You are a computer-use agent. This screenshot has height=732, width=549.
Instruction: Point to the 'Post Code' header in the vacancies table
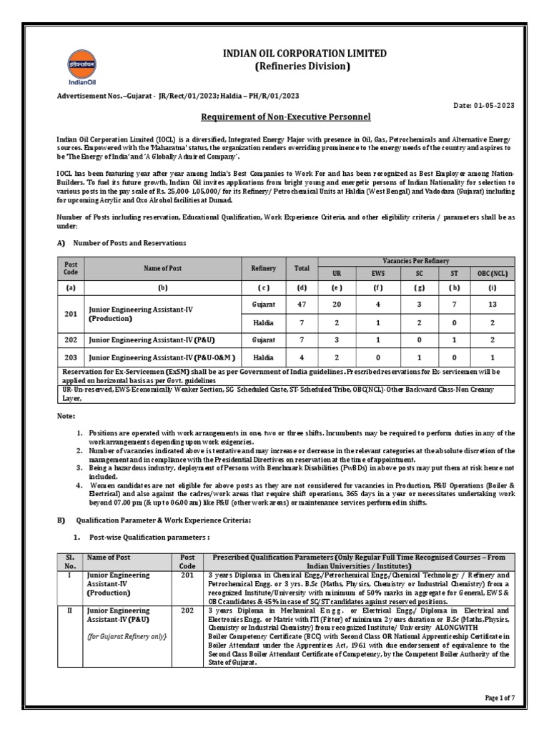pyautogui.click(x=71, y=268)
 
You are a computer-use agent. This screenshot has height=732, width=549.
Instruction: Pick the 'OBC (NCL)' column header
pyautogui.click(x=491, y=273)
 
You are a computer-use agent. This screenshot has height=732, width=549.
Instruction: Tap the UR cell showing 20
pyautogui.click(x=336, y=303)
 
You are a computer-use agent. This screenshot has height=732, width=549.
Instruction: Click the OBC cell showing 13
pyautogui.click(x=491, y=303)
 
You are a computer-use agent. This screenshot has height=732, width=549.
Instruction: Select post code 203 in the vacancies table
pyautogui.click(x=71, y=357)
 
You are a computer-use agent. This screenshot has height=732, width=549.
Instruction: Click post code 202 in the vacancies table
pyautogui.click(x=71, y=340)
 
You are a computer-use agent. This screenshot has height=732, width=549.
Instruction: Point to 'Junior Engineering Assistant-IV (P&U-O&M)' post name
pyautogui.click(x=162, y=357)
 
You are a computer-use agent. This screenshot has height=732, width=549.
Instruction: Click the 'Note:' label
pyautogui.click(x=66, y=415)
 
